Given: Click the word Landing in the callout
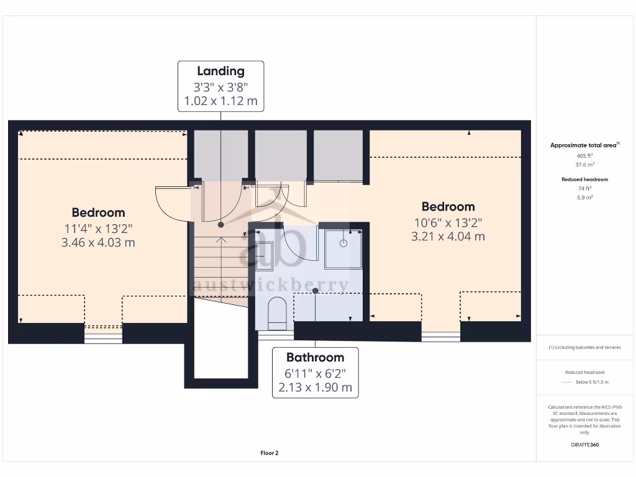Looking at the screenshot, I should coord(220,71).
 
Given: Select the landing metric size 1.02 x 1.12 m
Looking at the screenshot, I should coord(220,101).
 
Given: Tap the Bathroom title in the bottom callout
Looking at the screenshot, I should coord(315,357).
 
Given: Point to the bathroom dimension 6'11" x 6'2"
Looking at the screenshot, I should coord(315,373).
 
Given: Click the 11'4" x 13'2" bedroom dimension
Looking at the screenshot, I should coord(98,227).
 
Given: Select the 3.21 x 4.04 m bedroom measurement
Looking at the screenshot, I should coord(448,237).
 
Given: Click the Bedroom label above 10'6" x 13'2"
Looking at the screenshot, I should coord(448,207).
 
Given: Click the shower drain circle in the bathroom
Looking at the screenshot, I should coord(343,243).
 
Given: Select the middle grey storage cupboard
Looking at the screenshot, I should coord(281,155).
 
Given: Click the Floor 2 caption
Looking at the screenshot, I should coord(270,453).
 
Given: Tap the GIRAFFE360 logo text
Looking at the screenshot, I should coord(584,445).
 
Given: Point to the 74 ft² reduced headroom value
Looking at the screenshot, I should coord(584,188).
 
